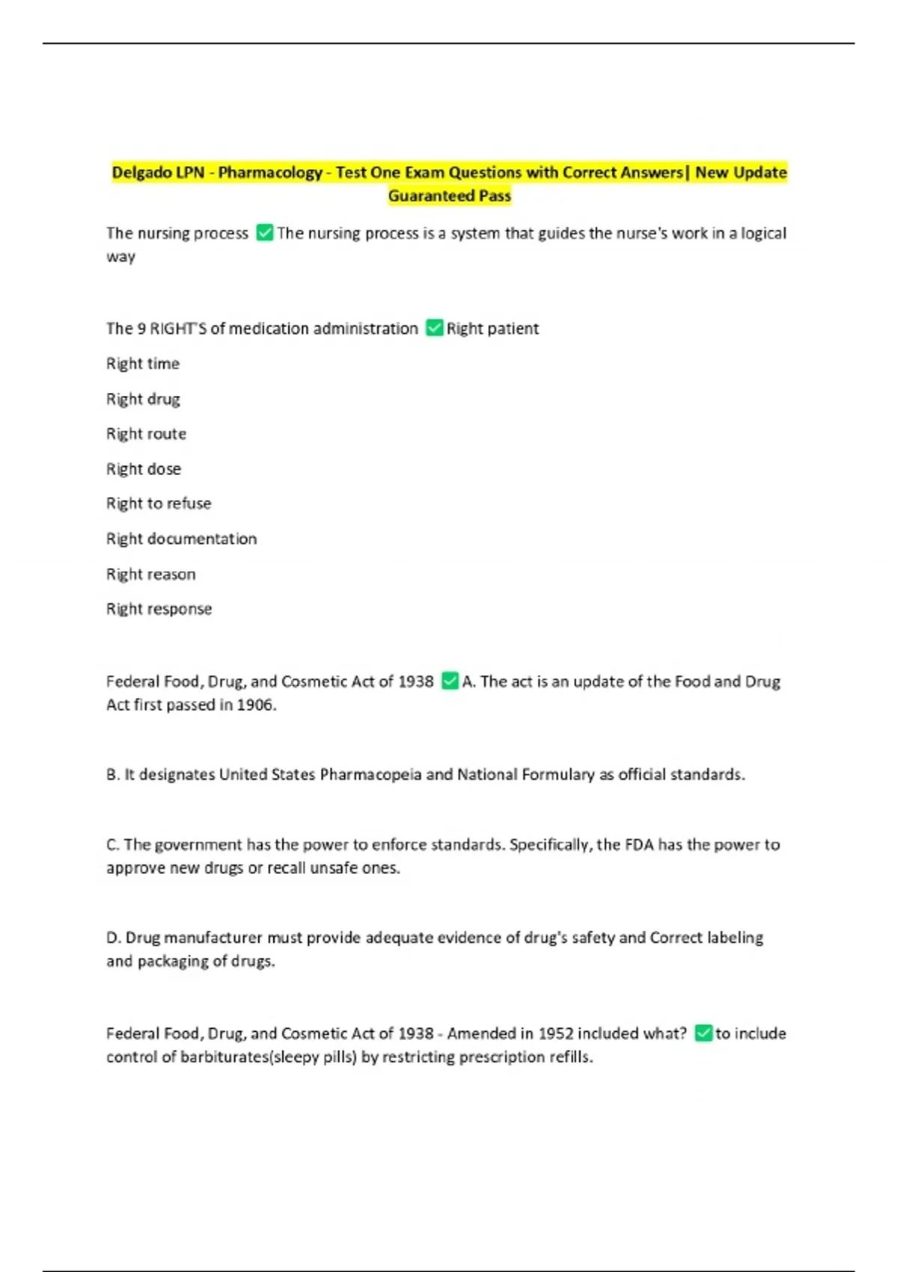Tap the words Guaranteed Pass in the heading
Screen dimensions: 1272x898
click(x=449, y=196)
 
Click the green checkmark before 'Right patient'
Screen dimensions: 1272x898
click(x=434, y=328)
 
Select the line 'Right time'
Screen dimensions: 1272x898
click(x=143, y=364)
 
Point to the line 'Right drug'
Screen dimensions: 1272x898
click(x=143, y=399)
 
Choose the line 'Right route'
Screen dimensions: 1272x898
click(x=146, y=434)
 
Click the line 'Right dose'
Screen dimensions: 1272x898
click(x=144, y=469)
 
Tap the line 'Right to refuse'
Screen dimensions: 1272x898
click(x=159, y=504)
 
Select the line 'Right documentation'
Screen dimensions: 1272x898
click(x=181, y=539)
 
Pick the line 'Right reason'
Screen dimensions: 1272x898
click(x=150, y=574)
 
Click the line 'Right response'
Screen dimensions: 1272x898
click(x=159, y=609)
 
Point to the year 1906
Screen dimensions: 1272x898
click(x=256, y=705)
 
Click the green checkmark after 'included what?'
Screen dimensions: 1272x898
click(x=703, y=1033)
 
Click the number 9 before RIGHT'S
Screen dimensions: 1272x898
click(x=141, y=328)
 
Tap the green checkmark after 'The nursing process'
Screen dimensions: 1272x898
click(x=264, y=233)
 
